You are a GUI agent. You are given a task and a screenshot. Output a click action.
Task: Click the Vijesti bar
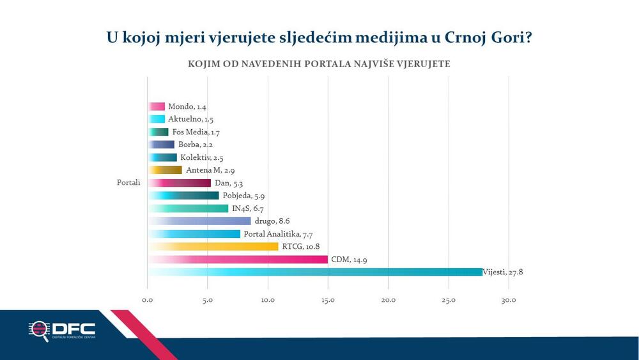(315, 272)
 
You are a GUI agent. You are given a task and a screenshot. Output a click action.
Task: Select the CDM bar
(238, 260)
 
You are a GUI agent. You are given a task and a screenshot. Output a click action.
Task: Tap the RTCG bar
(213, 246)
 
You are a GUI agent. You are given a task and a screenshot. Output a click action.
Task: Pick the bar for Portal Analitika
(194, 234)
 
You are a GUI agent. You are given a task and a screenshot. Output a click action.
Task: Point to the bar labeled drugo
(199, 221)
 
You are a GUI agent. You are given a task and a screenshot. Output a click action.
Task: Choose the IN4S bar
(188, 208)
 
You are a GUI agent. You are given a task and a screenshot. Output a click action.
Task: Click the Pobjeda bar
(183, 196)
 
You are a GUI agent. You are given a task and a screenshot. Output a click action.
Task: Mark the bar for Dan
(180, 183)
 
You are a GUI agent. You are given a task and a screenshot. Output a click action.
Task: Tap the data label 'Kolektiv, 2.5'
(201, 157)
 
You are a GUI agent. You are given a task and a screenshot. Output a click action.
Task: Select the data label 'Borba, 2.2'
(196, 145)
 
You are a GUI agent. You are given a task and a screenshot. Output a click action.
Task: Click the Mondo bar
(156, 106)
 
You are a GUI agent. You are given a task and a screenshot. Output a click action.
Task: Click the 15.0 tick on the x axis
(328, 301)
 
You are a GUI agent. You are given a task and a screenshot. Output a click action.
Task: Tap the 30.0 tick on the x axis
(509, 301)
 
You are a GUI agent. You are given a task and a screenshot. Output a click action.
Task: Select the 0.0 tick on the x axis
(148, 301)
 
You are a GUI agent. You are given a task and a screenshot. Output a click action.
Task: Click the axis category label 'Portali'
(128, 183)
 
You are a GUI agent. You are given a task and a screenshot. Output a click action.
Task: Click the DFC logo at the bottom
(62, 331)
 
